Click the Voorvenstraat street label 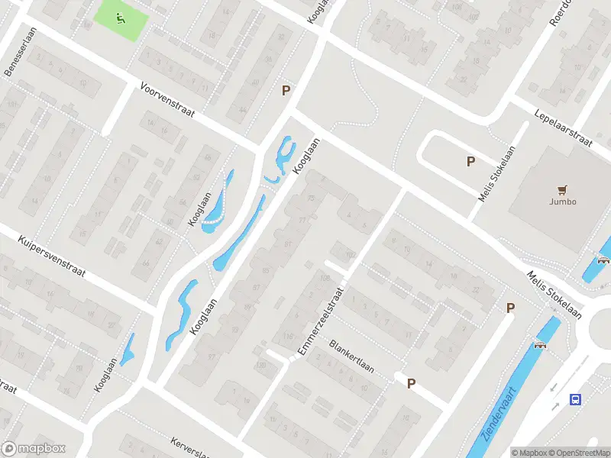pyautogui.click(x=167, y=101)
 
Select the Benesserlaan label pyautogui.click(x=16, y=59)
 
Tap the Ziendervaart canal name pyautogui.click(x=499, y=417)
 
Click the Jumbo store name pyautogui.click(x=563, y=202)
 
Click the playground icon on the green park pyautogui.click(x=120, y=18)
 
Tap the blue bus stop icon pyautogui.click(x=575, y=399)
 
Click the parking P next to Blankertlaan pyautogui.click(x=411, y=383)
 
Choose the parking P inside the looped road pyautogui.click(x=470, y=161)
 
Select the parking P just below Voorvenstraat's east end pyautogui.click(x=286, y=90)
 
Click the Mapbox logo pyautogui.click(x=34, y=448)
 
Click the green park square pyautogui.click(x=120, y=21)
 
